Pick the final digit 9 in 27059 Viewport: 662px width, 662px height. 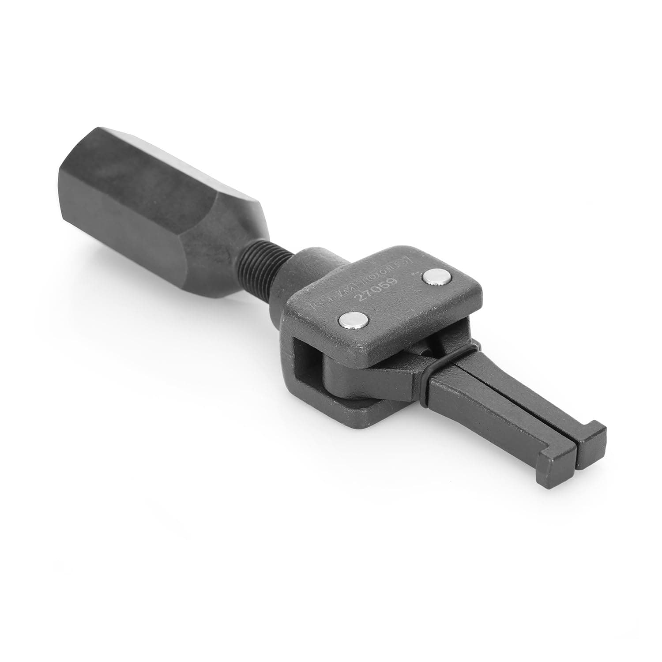[393, 281]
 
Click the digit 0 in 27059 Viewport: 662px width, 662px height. [376, 290]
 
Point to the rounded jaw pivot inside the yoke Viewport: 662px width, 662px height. [349, 375]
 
